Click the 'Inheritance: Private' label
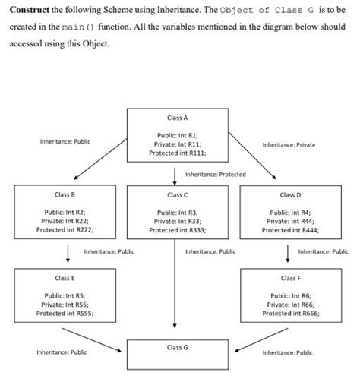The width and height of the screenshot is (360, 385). (289, 144)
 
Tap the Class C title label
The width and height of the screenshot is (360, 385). (176, 196)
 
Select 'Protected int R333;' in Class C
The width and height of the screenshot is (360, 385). (176, 229)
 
